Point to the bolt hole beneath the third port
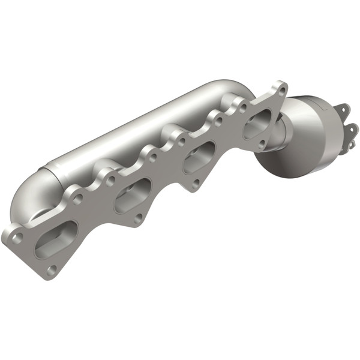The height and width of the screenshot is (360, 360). (x=196, y=184)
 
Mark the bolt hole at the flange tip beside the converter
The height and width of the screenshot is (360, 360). (x=280, y=90)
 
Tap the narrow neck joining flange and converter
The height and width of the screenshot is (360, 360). (x=275, y=141)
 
